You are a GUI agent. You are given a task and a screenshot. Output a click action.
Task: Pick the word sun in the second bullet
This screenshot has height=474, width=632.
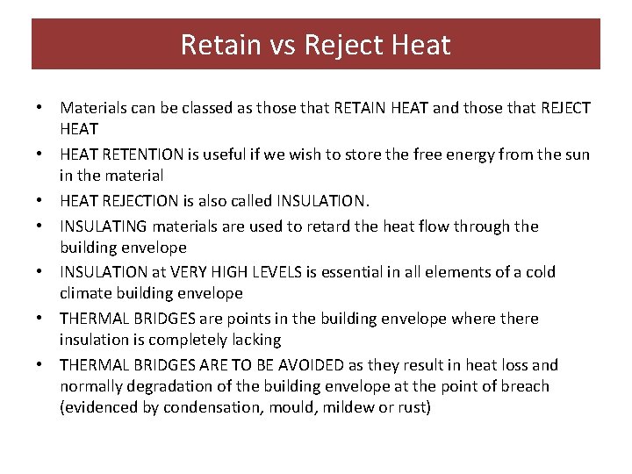pyautogui.click(x=576, y=155)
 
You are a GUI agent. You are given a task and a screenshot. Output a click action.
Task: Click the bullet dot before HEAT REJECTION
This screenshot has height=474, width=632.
pyautogui.click(x=40, y=202)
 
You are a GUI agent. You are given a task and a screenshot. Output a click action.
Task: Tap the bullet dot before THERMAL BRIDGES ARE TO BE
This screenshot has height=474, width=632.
pyautogui.click(x=40, y=366)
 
